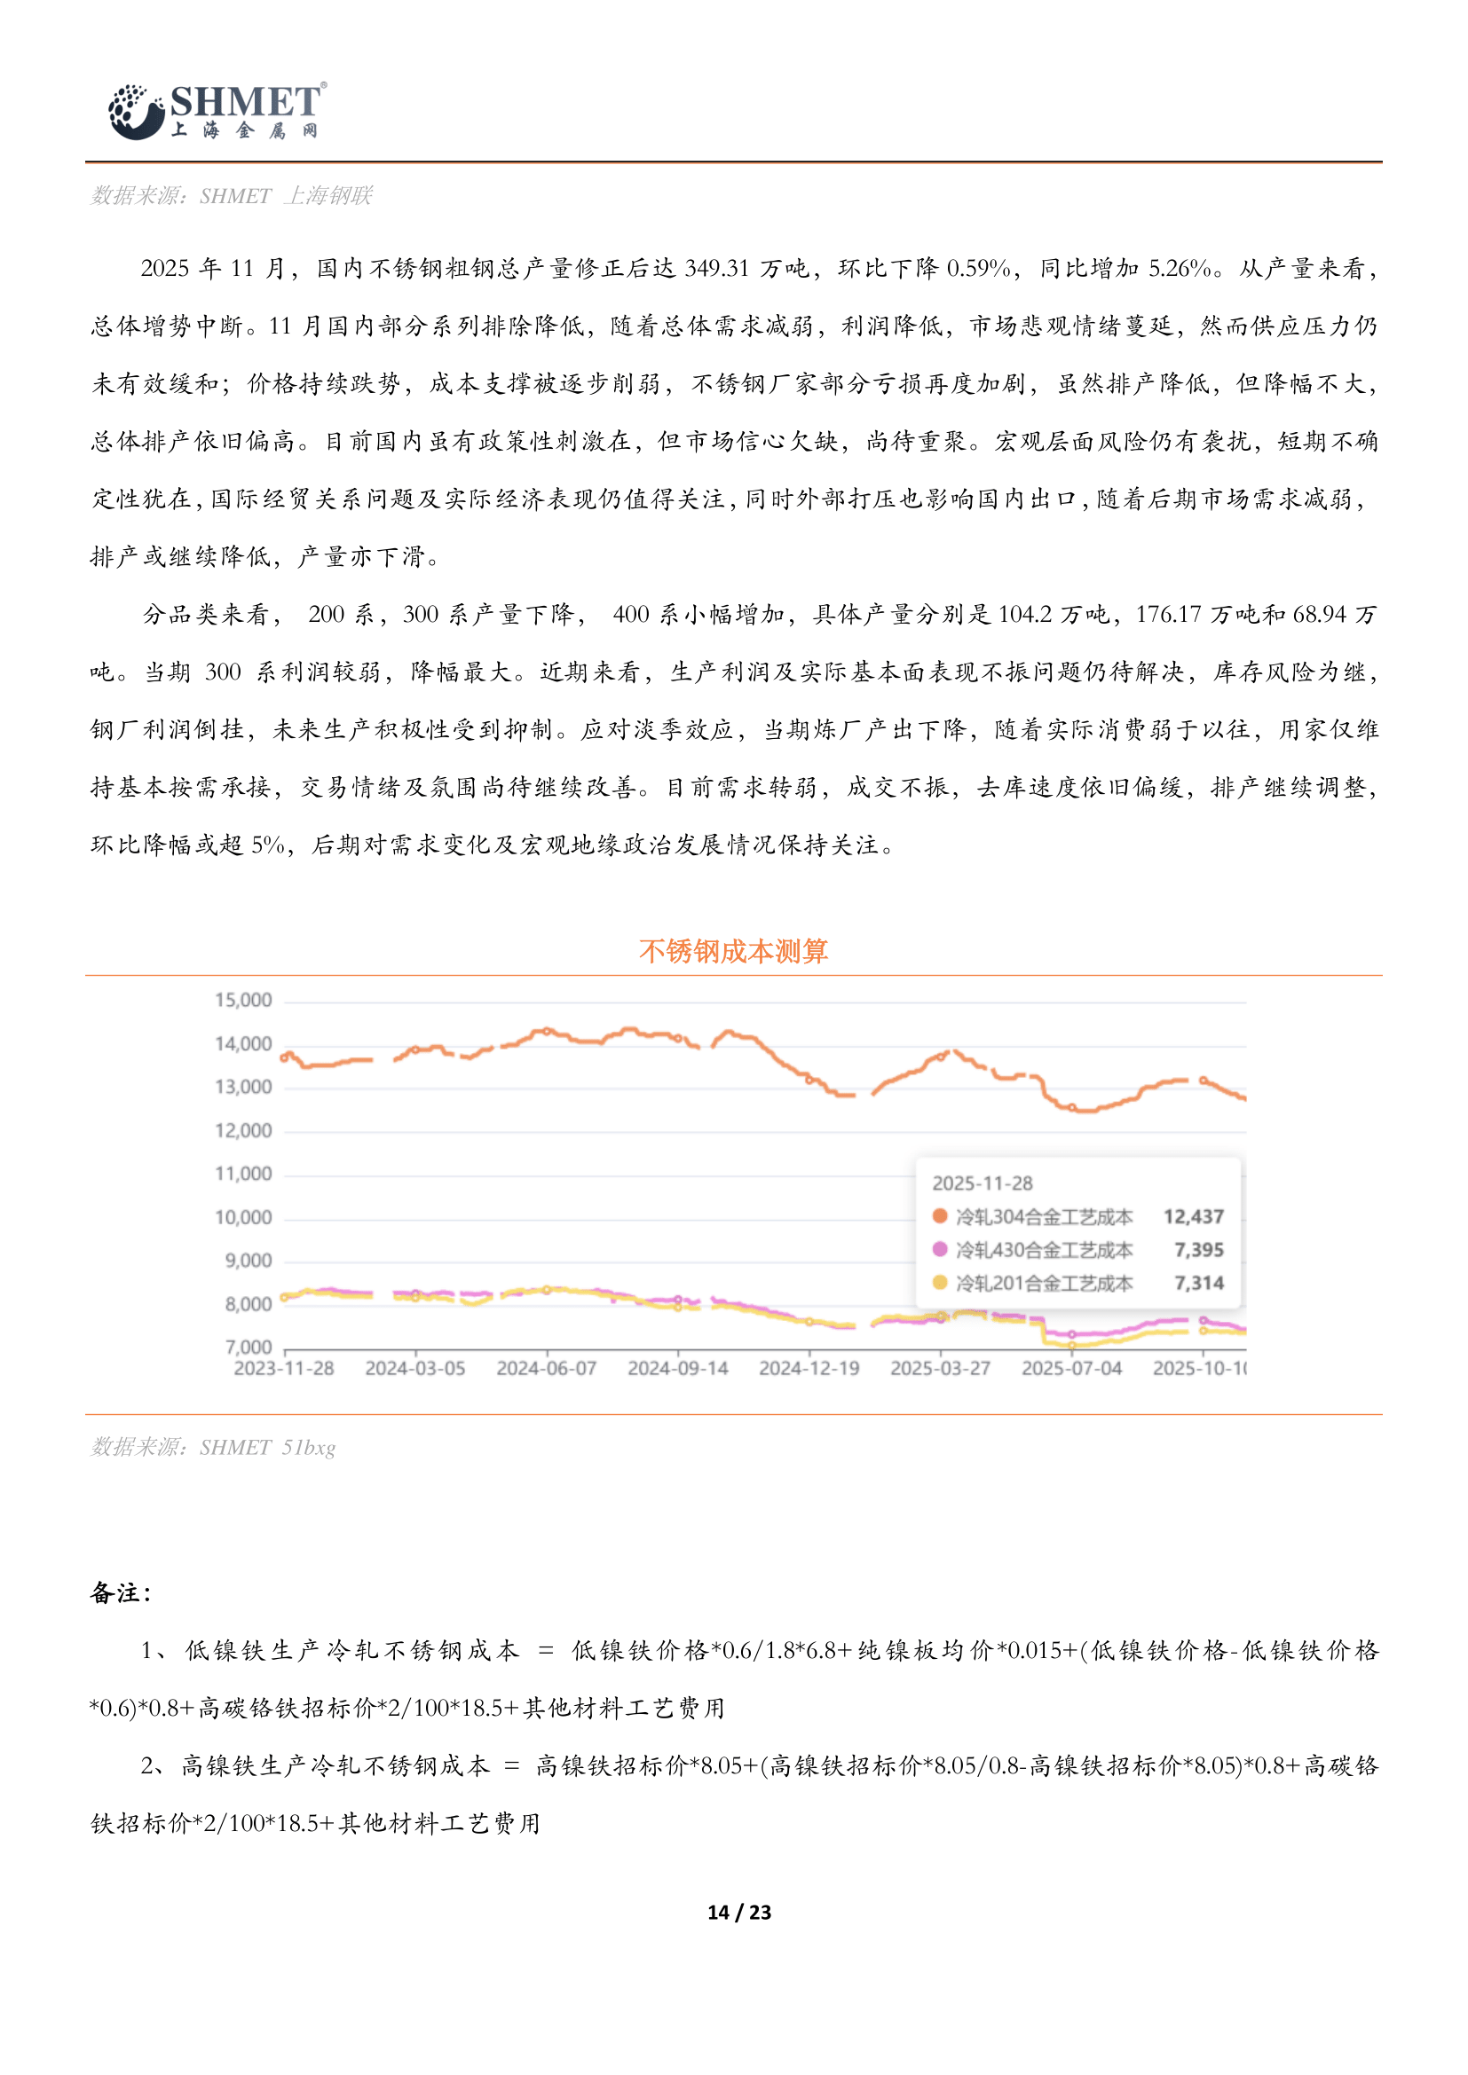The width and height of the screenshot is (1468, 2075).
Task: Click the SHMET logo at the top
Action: (x=217, y=111)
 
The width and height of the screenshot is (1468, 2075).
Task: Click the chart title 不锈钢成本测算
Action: (x=733, y=951)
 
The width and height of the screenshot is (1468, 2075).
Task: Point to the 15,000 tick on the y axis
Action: (x=243, y=1000)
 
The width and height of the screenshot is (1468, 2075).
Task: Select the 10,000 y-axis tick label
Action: (x=243, y=1217)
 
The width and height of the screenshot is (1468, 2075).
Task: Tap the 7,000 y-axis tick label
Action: (x=248, y=1347)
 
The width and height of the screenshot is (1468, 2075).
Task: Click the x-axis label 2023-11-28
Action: (x=284, y=1368)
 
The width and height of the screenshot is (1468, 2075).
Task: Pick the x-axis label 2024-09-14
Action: (x=678, y=1368)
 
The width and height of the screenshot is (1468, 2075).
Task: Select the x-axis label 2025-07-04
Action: (x=1071, y=1368)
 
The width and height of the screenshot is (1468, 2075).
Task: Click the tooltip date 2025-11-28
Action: (x=982, y=1183)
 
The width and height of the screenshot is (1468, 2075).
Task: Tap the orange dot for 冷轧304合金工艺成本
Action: (x=940, y=1216)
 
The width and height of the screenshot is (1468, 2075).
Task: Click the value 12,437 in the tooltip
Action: (x=1193, y=1216)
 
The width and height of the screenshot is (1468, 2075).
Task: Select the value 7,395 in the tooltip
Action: (x=1198, y=1250)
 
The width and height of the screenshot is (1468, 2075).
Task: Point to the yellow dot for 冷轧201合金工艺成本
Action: (x=940, y=1283)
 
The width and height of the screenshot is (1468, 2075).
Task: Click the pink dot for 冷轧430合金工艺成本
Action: (x=940, y=1249)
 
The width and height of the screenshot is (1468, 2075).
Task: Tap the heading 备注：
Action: (x=120, y=1593)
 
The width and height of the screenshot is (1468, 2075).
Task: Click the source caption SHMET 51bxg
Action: (x=213, y=1447)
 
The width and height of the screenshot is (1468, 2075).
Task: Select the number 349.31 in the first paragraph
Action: (x=717, y=269)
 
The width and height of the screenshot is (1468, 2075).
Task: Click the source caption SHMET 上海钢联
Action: (x=232, y=196)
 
